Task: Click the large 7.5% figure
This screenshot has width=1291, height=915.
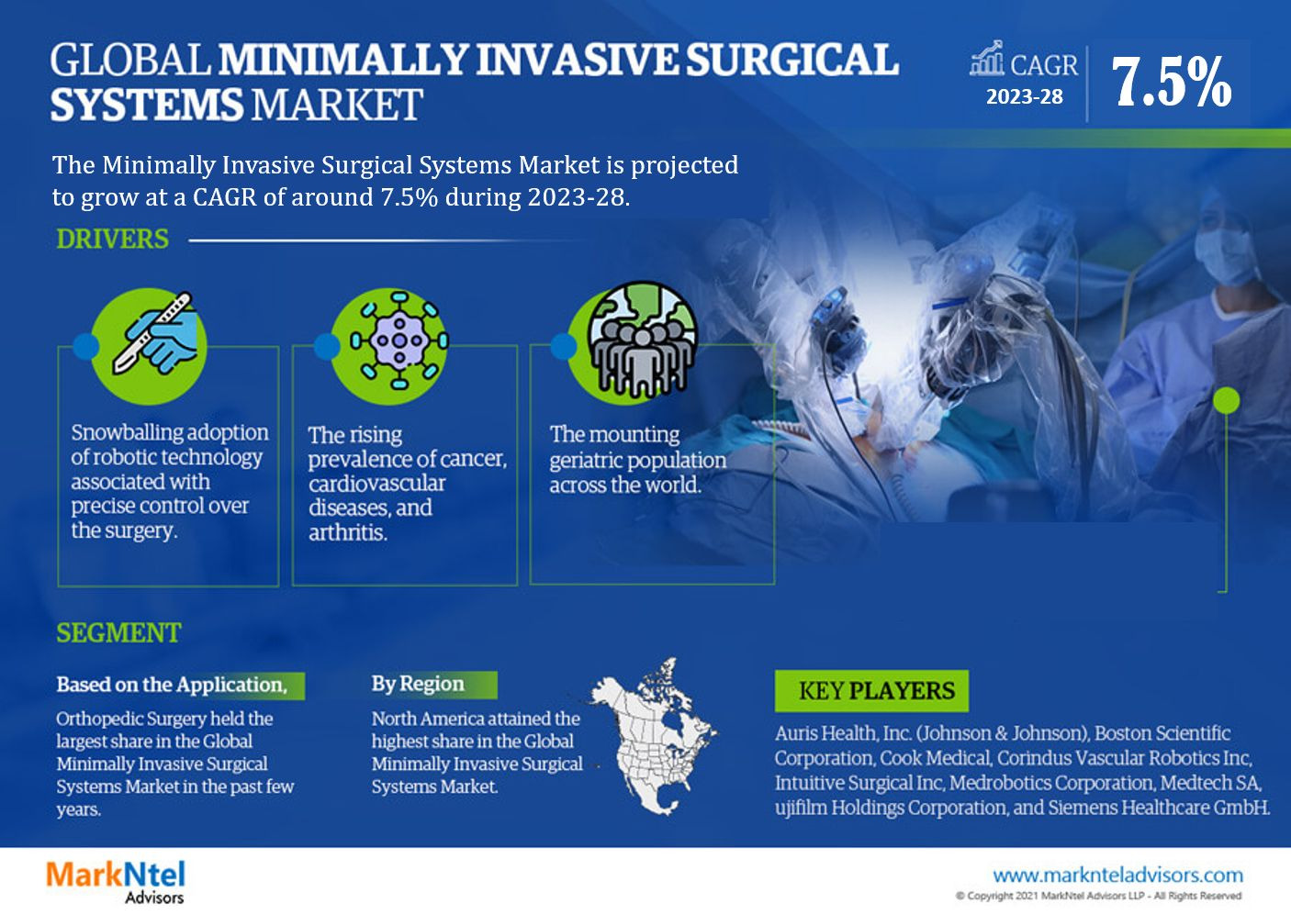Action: [1171, 82]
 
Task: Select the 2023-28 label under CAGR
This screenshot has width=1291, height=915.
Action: [1024, 96]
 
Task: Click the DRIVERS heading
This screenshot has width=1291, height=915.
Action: [112, 239]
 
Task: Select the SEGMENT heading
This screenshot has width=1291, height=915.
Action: [118, 632]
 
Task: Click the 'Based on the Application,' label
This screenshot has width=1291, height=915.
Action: [172, 684]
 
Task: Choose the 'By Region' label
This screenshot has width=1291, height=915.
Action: [418, 684]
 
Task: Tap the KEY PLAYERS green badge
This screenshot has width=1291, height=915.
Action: [871, 690]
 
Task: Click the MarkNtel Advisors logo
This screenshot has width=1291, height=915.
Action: [116, 881]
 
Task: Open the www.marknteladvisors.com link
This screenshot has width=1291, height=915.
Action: [1117, 876]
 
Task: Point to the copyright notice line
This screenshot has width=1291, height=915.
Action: [1098, 896]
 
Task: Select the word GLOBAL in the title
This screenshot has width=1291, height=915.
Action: [130, 60]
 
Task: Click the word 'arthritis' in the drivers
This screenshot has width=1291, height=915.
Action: [347, 531]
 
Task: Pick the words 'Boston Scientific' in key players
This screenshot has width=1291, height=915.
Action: [1162, 733]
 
